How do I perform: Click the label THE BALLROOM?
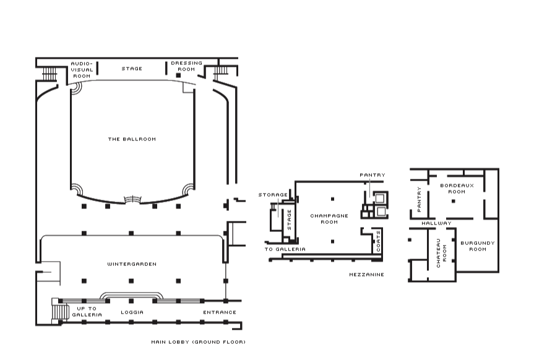pos(132,139)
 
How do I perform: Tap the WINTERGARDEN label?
pos(132,264)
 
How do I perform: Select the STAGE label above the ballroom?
pos(132,69)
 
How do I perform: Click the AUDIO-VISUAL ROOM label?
pos(82,70)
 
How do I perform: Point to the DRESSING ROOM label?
pos(187,66)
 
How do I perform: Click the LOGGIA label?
pos(132,312)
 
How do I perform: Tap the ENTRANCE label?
pos(220,312)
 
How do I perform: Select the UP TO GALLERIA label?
pos(87,312)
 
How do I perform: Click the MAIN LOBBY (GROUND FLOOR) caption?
pos(198,342)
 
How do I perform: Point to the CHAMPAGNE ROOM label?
pos(329,219)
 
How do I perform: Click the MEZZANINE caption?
pos(367,275)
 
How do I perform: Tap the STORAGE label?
pos(273,195)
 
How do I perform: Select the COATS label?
pos(379,241)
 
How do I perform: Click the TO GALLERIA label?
pos(285,249)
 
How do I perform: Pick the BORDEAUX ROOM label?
pos(457,189)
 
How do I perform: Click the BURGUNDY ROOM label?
pos(478,246)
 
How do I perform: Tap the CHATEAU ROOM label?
pos(441,253)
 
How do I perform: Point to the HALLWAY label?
pos(436,223)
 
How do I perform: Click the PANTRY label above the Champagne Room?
pos(373,175)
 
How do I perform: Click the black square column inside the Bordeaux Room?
pos(453,201)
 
